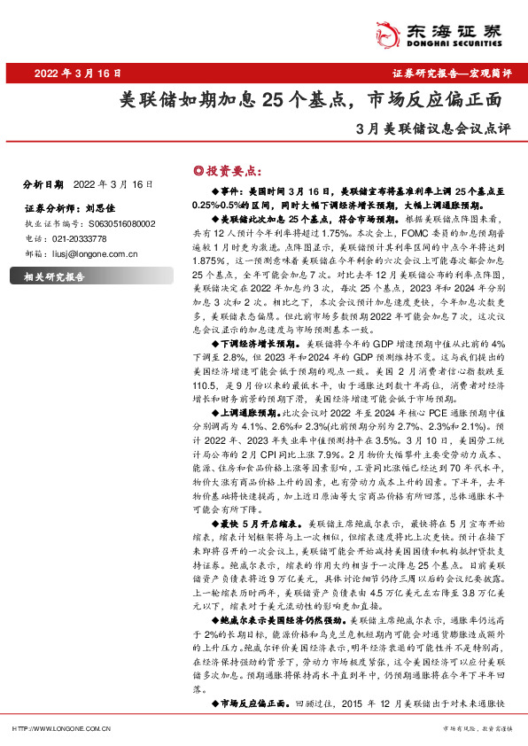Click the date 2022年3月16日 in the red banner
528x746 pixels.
(67, 74)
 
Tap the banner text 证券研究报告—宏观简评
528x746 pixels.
(452, 74)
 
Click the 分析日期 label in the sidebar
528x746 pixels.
(42, 184)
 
